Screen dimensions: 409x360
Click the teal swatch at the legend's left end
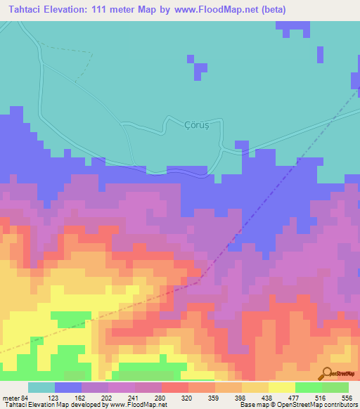[41, 387]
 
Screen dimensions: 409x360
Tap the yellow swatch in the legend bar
[281, 387]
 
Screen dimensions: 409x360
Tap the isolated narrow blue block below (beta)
[321, 55]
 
